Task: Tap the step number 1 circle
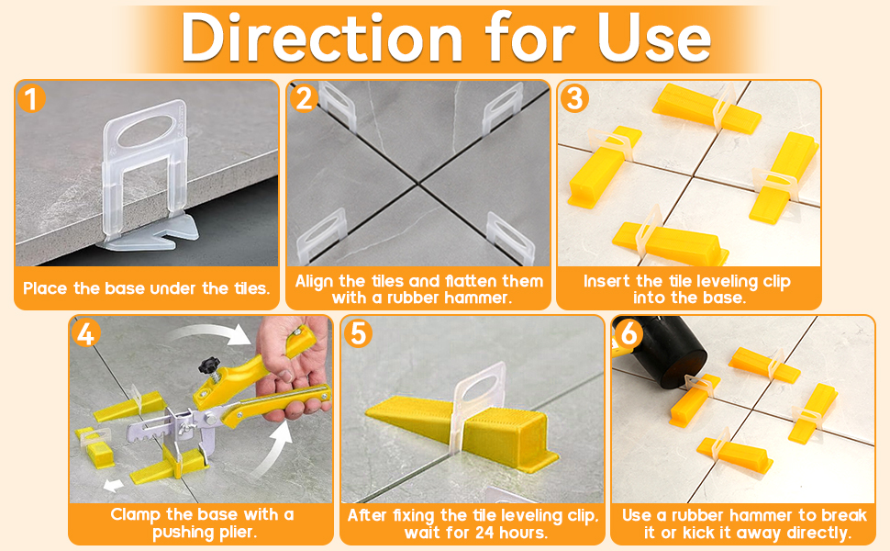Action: click(x=32, y=97)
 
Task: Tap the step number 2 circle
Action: click(x=304, y=97)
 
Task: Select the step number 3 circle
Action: click(x=574, y=97)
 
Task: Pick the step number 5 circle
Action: click(x=358, y=333)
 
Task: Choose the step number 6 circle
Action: click(x=629, y=333)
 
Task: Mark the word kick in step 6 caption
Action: click(x=715, y=533)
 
